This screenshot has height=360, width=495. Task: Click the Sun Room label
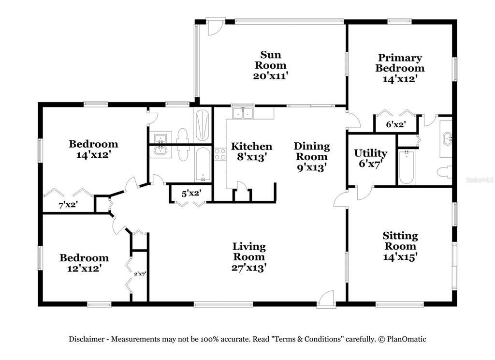[x=271, y=65]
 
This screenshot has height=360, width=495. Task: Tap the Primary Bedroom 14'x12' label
[x=400, y=68]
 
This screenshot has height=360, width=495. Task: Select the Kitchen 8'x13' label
[x=251, y=151]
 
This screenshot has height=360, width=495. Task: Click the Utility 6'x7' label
[x=370, y=158]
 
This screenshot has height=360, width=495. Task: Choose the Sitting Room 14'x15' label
[x=400, y=246]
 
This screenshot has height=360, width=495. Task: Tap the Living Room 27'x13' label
[x=249, y=257]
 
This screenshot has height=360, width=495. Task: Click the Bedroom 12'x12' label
[x=84, y=263]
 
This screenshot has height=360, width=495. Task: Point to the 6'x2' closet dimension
[x=395, y=124]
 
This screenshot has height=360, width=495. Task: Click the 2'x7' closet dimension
[x=140, y=274]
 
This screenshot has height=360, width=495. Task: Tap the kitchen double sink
[x=243, y=113]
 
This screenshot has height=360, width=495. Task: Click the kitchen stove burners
[x=220, y=154]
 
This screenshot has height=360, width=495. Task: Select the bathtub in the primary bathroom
[x=407, y=167]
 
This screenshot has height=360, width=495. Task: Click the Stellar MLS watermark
[x=479, y=180]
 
